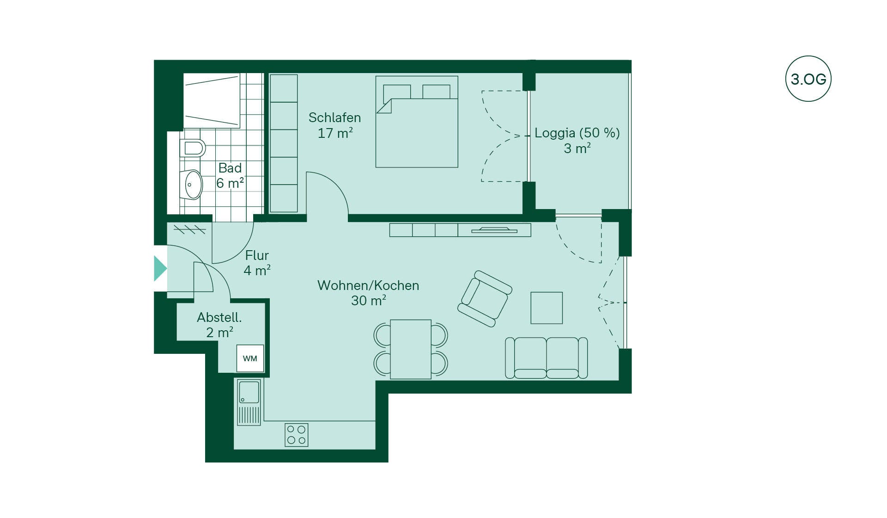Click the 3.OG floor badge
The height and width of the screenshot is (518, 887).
808,79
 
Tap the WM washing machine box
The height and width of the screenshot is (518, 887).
250,358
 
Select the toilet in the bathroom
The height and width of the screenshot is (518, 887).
193,148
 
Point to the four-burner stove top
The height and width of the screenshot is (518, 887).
296,435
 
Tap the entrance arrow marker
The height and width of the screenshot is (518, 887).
160,268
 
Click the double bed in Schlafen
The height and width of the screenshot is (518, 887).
417,122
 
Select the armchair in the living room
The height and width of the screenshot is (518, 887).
485,298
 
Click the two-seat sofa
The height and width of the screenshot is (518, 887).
547,358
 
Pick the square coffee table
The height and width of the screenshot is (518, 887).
547,308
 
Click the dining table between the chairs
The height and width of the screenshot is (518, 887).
411,349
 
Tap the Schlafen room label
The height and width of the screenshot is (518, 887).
334,117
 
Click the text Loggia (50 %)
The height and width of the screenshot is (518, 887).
577,133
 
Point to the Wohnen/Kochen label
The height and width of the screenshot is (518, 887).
368,285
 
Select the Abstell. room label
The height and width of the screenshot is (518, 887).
219,317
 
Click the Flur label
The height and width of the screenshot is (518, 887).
257,255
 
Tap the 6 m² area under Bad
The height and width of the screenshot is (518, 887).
230,183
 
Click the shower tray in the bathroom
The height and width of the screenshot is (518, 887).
212,100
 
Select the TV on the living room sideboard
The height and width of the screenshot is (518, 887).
494,229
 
